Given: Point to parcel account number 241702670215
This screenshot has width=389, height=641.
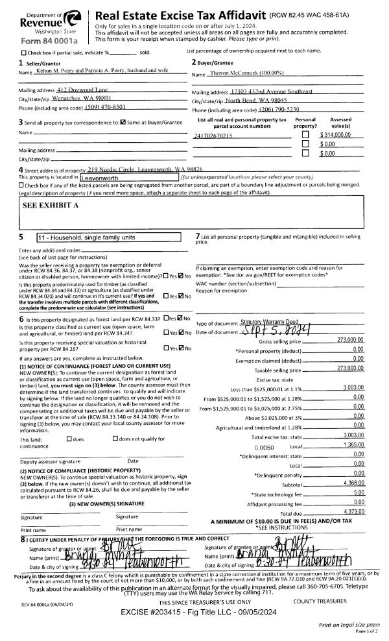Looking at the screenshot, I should point(213,136).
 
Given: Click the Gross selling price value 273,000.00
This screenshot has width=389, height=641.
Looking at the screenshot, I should point(349,341).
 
